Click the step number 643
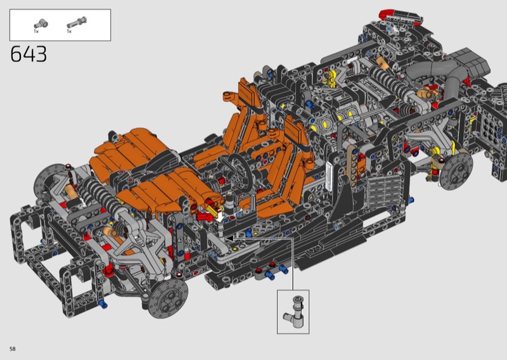pos(29,54)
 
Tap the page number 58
pos(13,349)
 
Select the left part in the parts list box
pos(41,23)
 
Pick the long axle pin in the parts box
pos(77,23)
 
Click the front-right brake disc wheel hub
pos(168,298)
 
